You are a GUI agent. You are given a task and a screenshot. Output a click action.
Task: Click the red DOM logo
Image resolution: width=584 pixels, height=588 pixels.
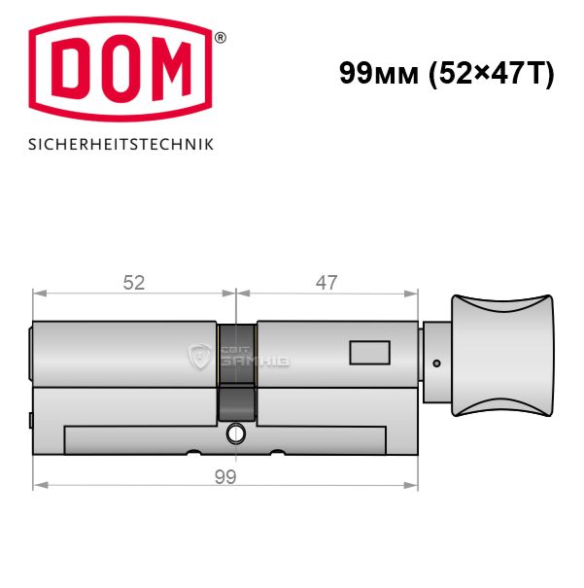pyautogui.click(x=120, y=69)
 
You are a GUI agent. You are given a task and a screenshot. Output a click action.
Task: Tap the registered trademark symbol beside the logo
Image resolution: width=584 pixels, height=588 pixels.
pyautogui.click(x=221, y=38)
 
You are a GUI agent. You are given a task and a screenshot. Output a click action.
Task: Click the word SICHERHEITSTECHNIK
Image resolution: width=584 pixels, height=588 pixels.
pyautogui.click(x=120, y=145)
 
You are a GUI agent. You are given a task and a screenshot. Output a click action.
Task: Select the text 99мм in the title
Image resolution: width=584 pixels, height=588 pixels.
pyautogui.click(x=379, y=73)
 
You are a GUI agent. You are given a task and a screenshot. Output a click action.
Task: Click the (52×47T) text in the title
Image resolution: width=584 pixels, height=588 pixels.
pyautogui.click(x=491, y=74)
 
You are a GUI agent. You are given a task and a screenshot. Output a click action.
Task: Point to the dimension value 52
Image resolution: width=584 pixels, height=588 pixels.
pyautogui.click(x=134, y=283)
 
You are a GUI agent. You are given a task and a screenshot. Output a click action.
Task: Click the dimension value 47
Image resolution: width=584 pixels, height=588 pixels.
pyautogui.click(x=326, y=283)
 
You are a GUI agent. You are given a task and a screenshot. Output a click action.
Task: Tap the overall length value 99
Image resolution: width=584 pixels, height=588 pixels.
pyautogui.click(x=225, y=477)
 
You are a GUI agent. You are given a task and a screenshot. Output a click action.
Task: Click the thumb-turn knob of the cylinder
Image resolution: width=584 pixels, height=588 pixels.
pyautogui.click(x=502, y=356)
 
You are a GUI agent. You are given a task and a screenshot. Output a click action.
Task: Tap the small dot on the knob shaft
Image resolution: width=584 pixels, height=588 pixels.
pyautogui.click(x=436, y=363)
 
